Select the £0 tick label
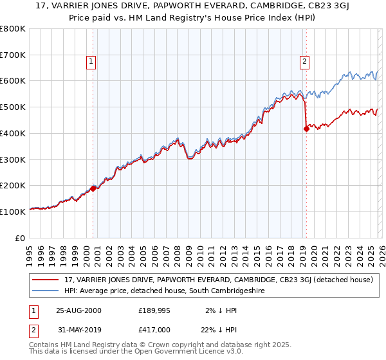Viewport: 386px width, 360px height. click(20, 238)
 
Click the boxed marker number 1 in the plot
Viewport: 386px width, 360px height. click(91, 62)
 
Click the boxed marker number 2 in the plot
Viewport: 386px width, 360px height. click(304, 62)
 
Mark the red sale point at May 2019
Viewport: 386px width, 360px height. click(306, 129)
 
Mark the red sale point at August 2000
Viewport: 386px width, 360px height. click(93, 188)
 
